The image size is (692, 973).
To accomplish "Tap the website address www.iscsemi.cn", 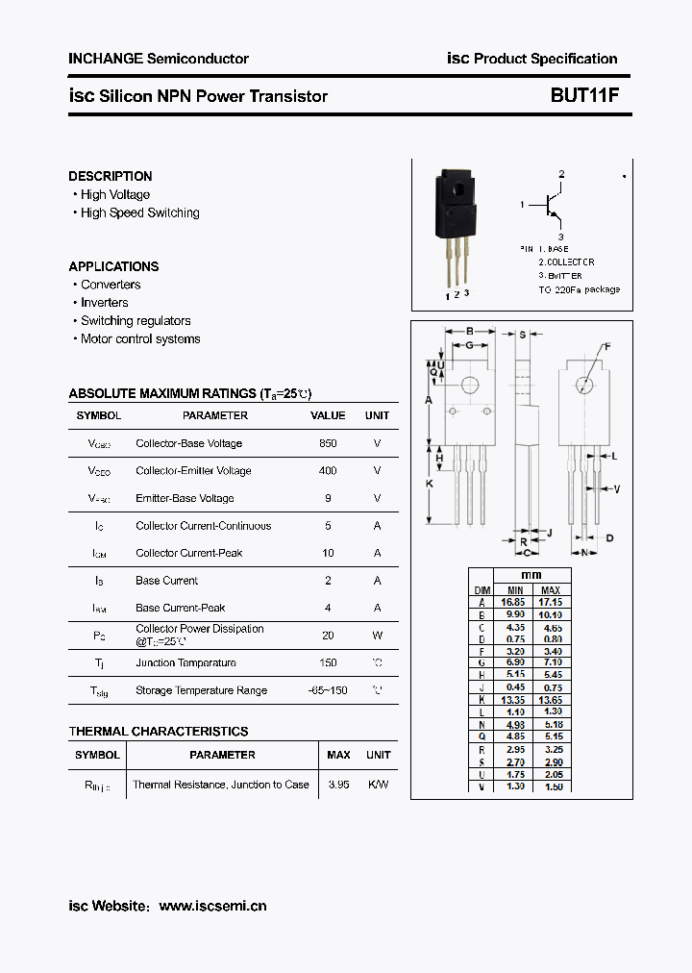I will (x=212, y=906).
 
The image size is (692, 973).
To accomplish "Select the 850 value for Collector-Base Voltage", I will (x=328, y=443).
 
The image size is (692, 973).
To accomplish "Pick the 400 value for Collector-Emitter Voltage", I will (x=328, y=471).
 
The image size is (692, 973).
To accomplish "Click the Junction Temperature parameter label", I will (x=185, y=663).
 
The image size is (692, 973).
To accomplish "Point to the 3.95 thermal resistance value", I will (x=338, y=785).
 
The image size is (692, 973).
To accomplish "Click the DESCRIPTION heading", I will (x=110, y=176).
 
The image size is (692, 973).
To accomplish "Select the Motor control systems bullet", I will (x=140, y=339).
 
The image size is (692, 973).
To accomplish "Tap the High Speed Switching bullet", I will (x=139, y=213).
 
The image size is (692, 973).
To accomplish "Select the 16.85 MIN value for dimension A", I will (x=515, y=602).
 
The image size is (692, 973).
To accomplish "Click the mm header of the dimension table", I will (x=531, y=575).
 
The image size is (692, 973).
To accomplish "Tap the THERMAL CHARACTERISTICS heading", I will (x=159, y=732).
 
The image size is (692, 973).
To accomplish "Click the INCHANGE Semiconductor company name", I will (x=159, y=59).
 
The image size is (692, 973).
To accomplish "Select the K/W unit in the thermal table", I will (x=378, y=785).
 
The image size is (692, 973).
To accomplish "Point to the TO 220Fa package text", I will (x=579, y=289).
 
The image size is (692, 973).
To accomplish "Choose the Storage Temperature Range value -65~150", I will (x=328, y=690).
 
